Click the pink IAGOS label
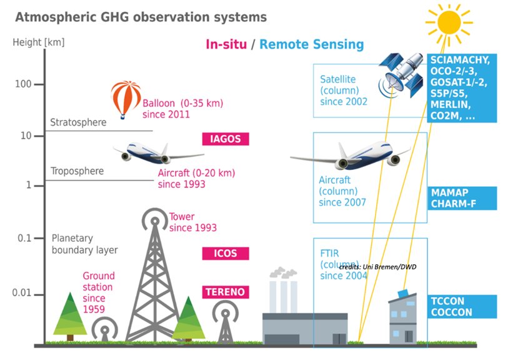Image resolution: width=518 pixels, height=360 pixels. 225,139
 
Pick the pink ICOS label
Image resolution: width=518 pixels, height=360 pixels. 225,253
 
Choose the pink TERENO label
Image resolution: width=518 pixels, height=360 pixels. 225,292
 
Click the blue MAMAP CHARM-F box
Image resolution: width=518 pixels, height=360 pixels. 462,198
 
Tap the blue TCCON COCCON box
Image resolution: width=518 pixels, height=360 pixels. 462,306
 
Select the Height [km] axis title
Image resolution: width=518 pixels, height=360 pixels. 38,43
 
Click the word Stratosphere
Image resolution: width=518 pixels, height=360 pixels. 78,122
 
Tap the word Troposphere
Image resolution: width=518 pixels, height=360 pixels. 77,171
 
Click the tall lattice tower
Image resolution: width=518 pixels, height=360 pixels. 152,281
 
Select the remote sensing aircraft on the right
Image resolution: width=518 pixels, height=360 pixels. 350,156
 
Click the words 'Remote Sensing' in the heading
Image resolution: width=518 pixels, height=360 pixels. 311,44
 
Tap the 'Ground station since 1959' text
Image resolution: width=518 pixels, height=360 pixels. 99,292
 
